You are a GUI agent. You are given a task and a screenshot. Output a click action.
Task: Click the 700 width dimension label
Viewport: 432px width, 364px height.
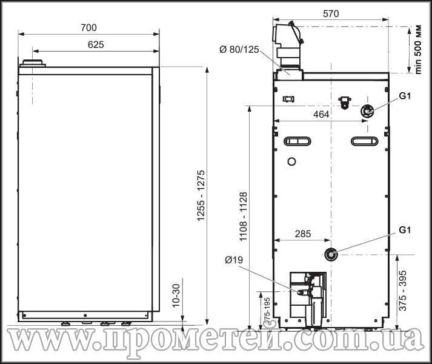click(x=88, y=27)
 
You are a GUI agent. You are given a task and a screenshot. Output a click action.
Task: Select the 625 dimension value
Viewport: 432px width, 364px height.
click(x=96, y=45)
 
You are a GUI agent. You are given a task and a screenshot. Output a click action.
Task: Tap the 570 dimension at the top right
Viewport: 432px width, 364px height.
click(x=331, y=13)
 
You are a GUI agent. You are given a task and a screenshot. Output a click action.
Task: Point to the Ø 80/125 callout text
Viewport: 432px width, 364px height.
click(x=239, y=50)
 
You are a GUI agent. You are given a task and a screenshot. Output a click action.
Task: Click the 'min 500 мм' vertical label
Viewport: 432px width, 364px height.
click(x=418, y=49)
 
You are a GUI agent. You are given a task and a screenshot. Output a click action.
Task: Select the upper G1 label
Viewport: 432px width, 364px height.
click(x=405, y=96)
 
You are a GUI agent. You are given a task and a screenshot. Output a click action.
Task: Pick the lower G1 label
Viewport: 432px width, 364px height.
click(x=405, y=229)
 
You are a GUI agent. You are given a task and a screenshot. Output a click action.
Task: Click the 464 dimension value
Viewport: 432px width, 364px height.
click(x=321, y=114)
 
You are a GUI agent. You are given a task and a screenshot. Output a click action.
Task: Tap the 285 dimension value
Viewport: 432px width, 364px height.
click(x=303, y=234)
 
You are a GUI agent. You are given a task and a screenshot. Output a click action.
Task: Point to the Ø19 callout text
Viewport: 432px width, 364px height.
click(x=234, y=260)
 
